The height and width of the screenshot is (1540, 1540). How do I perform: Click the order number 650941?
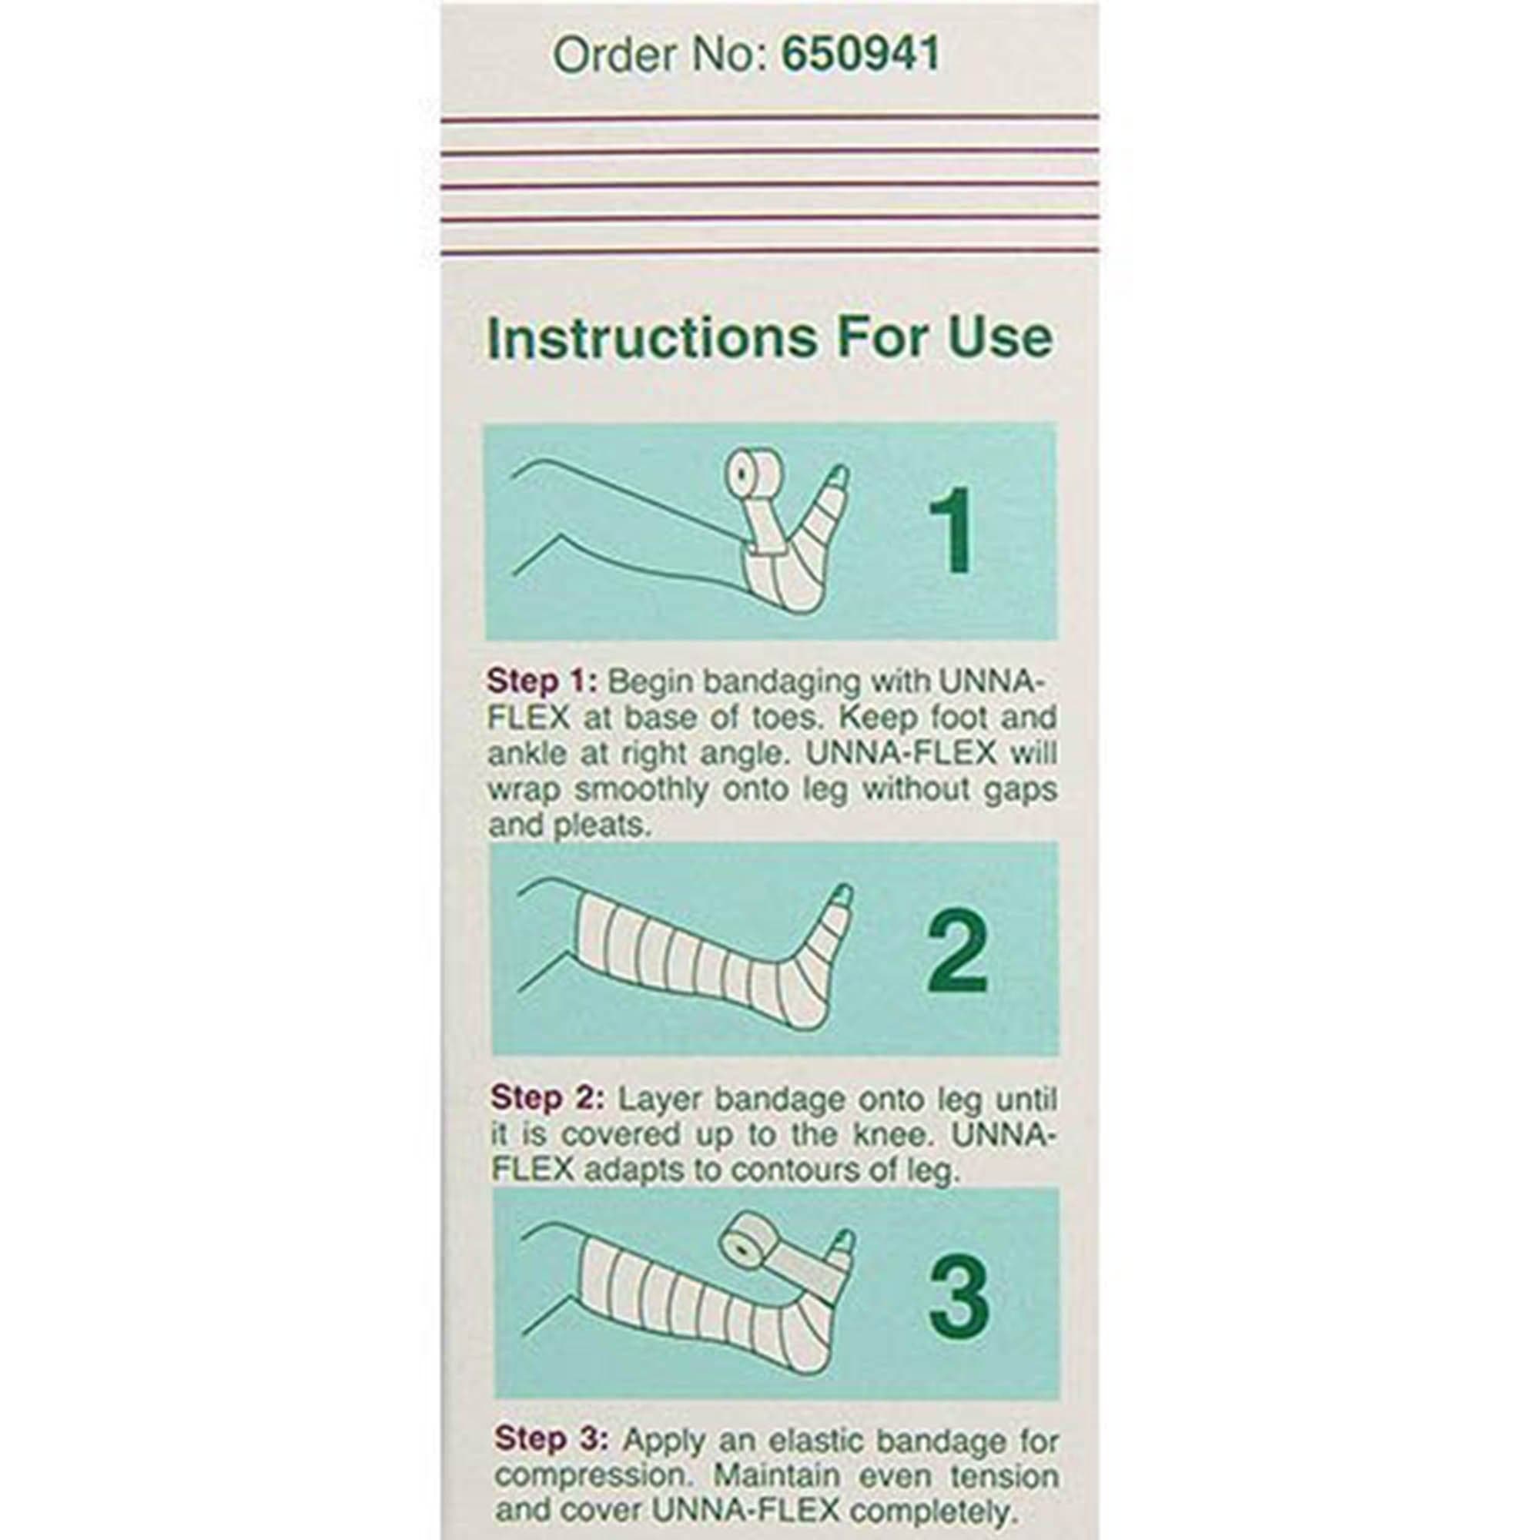tap(861, 54)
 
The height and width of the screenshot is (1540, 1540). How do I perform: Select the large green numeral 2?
tap(956, 953)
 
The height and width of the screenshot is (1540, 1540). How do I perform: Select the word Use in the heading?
tap(1010, 339)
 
